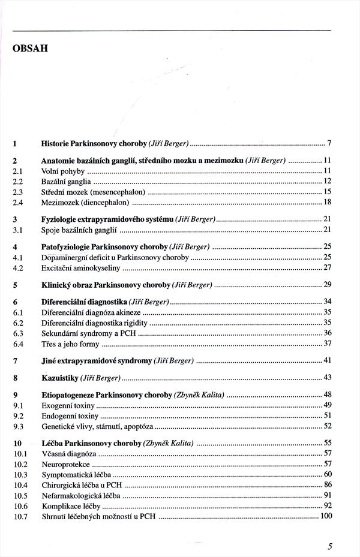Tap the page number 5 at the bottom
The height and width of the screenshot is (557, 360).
[330, 545]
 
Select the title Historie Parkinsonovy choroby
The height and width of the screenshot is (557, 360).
[94, 144]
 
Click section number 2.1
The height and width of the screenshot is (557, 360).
[17, 171]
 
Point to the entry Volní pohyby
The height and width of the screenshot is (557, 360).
[63, 171]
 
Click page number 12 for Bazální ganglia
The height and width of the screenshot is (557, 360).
[328, 181]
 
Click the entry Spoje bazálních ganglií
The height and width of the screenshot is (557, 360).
[80, 230]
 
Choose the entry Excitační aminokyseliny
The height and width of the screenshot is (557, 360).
[81, 267]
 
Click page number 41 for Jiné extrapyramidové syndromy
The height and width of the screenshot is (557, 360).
[328, 360]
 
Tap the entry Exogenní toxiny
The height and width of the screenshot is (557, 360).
[68, 405]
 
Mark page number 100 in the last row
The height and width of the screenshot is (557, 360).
[326, 516]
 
